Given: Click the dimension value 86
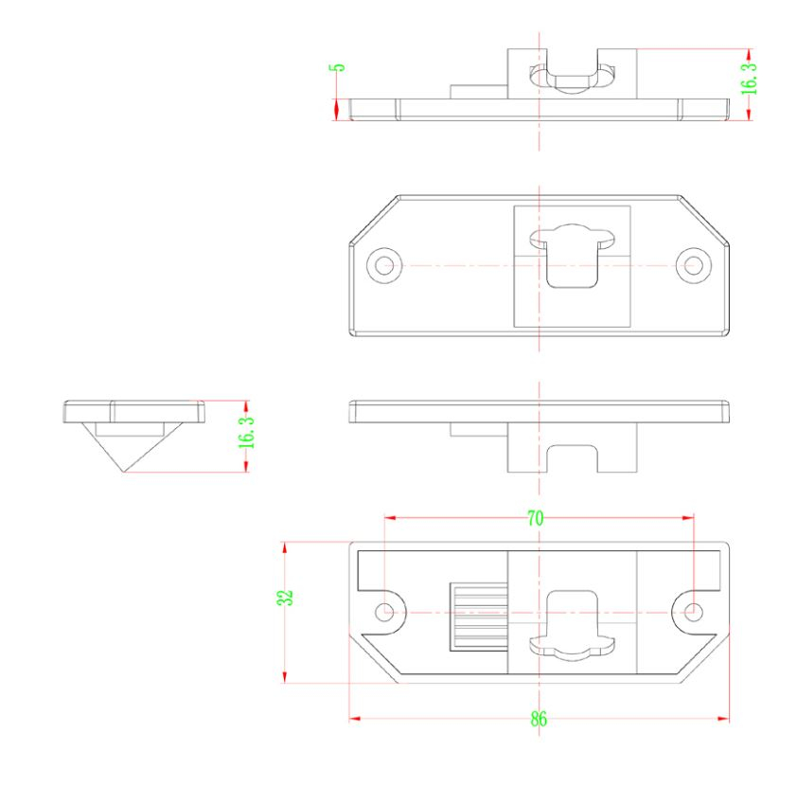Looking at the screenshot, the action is click(x=539, y=720).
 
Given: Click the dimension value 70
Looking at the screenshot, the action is click(x=535, y=519).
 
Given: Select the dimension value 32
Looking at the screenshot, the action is click(x=286, y=598).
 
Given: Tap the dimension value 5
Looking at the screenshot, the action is click(x=339, y=67).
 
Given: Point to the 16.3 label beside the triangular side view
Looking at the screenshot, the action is click(x=247, y=432).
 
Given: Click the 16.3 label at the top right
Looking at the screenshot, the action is click(x=749, y=79).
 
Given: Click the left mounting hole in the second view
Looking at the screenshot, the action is click(x=384, y=265).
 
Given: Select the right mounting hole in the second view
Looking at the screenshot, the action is click(x=693, y=265).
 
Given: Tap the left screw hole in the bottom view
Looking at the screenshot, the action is click(x=384, y=612).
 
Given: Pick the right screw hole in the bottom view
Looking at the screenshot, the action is click(x=693, y=612).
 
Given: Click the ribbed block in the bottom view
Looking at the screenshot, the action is click(x=479, y=617).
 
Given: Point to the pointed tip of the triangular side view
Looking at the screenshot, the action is click(x=122, y=472).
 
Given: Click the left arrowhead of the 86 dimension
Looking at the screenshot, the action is click(x=355, y=719).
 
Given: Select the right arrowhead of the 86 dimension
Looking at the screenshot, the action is click(x=723, y=719).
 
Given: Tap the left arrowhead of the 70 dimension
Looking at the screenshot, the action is click(x=390, y=518).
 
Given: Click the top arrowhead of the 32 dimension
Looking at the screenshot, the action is click(x=285, y=547).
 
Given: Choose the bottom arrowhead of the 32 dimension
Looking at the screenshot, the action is click(x=285, y=677).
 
